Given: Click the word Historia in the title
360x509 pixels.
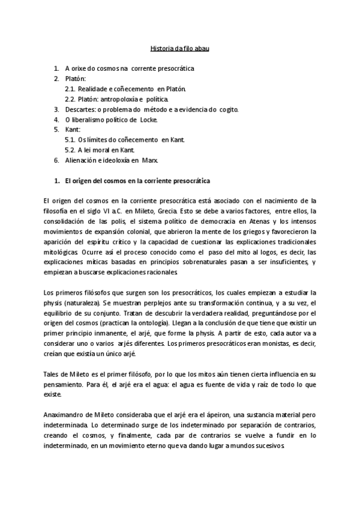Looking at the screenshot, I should (160, 47).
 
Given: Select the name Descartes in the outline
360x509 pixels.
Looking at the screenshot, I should (80, 109).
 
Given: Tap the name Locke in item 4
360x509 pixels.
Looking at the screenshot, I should (148, 119).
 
